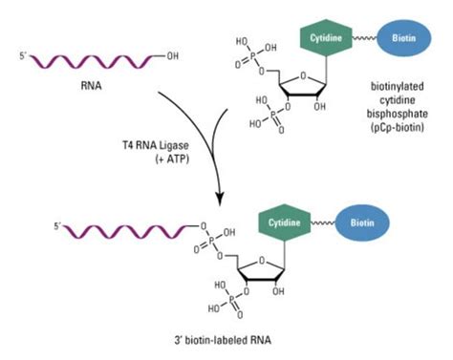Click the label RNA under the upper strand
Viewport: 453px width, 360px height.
click(x=92, y=84)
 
